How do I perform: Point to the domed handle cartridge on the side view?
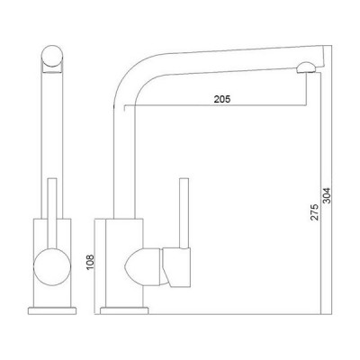144,267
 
